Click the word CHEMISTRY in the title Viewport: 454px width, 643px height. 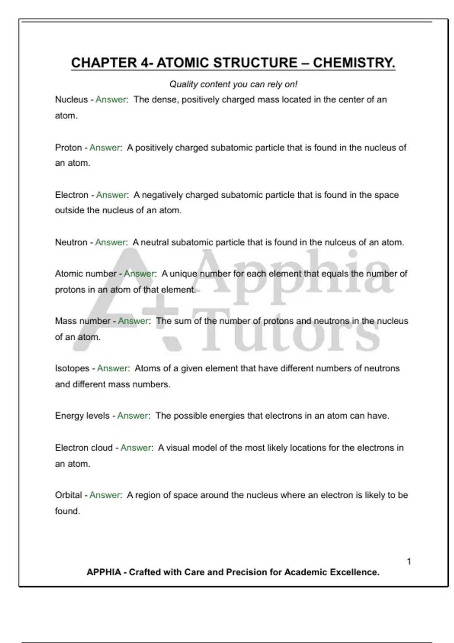(354, 63)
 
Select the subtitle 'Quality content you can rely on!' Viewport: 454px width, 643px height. (233, 84)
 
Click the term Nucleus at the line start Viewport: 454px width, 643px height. (71, 99)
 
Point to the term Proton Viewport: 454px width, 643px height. (68, 148)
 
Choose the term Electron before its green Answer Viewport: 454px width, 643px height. (72, 195)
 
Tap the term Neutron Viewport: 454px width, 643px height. (71, 242)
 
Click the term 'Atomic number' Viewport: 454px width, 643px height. (86, 273)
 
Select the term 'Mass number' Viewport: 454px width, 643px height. (82, 321)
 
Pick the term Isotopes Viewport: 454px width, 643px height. (72, 368)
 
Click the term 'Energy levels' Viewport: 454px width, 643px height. (82, 416)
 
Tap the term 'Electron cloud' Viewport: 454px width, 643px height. (84, 448)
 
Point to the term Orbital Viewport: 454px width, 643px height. (68, 495)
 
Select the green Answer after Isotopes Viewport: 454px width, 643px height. (112, 368)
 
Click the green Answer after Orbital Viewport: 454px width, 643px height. (105, 495)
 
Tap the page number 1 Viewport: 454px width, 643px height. (409, 561)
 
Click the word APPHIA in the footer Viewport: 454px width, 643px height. (104, 572)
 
